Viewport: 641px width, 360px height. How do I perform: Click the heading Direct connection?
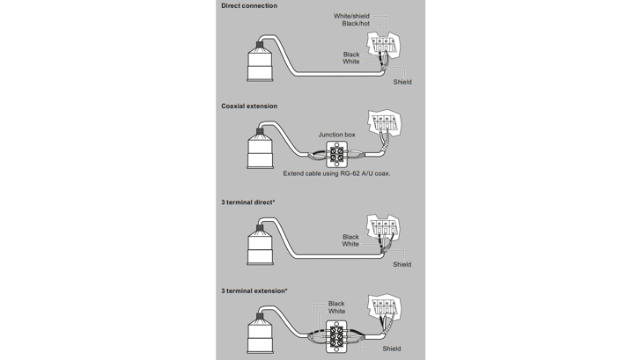249,6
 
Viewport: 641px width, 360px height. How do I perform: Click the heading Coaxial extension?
249,106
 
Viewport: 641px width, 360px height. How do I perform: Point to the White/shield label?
352,16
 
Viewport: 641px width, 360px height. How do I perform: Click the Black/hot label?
356,24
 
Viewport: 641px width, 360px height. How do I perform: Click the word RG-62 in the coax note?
352,173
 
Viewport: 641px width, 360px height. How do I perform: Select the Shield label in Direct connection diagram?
402,82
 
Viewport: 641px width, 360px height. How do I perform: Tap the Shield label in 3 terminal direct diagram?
402,264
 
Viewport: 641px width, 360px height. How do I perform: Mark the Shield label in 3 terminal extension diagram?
392,349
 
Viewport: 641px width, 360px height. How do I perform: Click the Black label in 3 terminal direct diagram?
350,236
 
